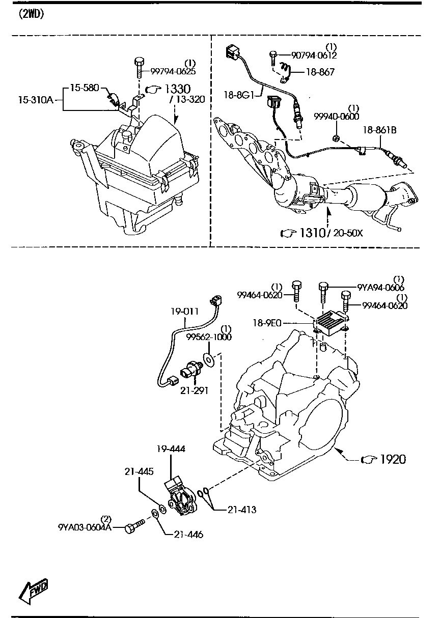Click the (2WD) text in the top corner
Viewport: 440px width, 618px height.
tap(32, 14)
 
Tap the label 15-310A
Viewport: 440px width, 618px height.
tap(36, 100)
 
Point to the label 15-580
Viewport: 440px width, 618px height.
tap(84, 88)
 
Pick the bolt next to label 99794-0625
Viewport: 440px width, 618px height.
tap(139, 67)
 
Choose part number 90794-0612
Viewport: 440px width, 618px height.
tap(314, 55)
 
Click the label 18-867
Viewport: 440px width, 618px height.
tap(319, 72)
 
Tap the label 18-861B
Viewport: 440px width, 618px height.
tap(380, 130)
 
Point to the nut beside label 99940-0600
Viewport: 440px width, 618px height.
tap(337, 137)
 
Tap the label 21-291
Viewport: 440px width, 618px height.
tap(194, 390)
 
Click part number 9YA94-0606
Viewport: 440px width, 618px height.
tap(380, 288)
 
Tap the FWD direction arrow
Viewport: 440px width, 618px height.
tap(33, 591)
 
